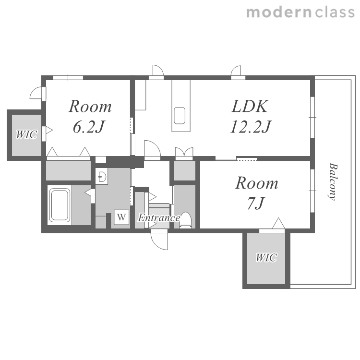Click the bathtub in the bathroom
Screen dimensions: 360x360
click(60, 205)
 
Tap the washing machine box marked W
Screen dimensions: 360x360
click(121, 217)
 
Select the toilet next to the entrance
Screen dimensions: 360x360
click(186, 220)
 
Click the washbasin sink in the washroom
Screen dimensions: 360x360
click(102, 177)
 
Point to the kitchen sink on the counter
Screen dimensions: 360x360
click(180, 116)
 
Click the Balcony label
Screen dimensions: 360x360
click(333, 181)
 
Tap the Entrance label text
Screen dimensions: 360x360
click(159, 217)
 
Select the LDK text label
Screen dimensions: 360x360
click(250, 106)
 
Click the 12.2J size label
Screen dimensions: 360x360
click(251, 127)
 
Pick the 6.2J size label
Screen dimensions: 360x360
click(89, 127)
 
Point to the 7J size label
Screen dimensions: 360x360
click(256, 204)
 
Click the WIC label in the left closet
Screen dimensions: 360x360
click(26, 134)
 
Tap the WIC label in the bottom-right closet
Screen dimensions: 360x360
click(266, 257)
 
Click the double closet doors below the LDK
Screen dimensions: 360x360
click(184, 152)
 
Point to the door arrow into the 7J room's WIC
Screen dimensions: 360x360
click(278, 223)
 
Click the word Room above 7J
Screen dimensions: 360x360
click(257, 183)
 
